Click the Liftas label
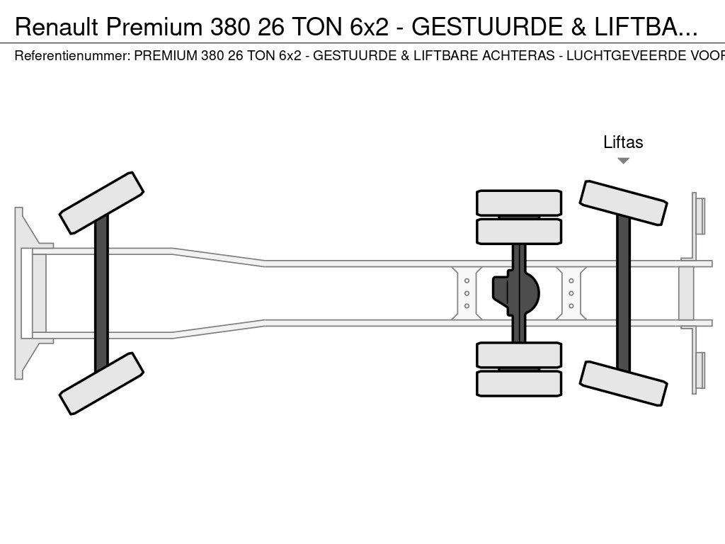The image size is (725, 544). [623, 142]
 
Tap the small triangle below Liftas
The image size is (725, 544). [623, 161]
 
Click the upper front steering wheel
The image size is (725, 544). [101, 203]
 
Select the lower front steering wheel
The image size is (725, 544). [101, 383]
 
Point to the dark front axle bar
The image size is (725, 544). [101, 293]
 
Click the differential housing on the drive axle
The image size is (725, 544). [515, 293]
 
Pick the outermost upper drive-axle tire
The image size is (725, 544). [519, 203]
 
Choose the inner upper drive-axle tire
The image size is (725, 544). [519, 232]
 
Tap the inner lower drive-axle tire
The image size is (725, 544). [519, 355]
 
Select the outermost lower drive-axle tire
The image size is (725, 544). [519, 383]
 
